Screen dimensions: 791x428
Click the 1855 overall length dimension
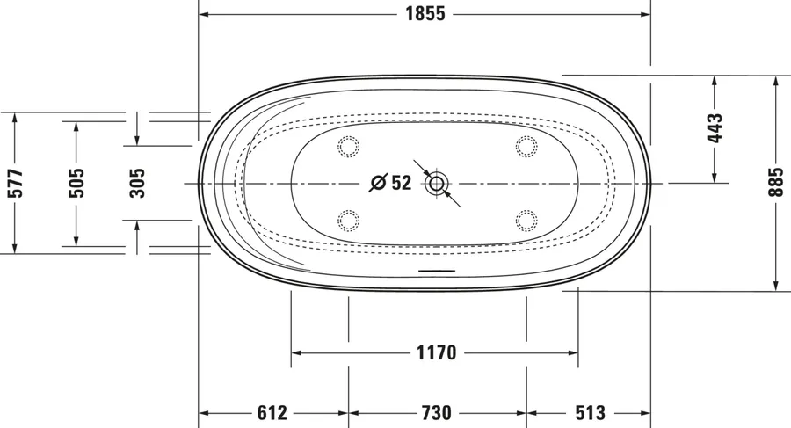(x=425, y=14)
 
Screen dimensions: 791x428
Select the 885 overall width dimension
(x=778, y=182)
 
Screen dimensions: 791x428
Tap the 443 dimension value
(x=715, y=128)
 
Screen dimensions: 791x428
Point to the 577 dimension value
(x=16, y=183)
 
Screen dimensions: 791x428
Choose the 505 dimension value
(x=76, y=183)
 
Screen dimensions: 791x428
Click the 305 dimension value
(x=137, y=183)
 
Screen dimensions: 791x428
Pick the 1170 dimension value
(x=436, y=352)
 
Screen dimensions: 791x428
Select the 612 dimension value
(x=272, y=413)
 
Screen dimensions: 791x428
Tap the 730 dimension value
(x=436, y=413)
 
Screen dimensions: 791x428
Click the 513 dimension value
(x=591, y=413)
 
